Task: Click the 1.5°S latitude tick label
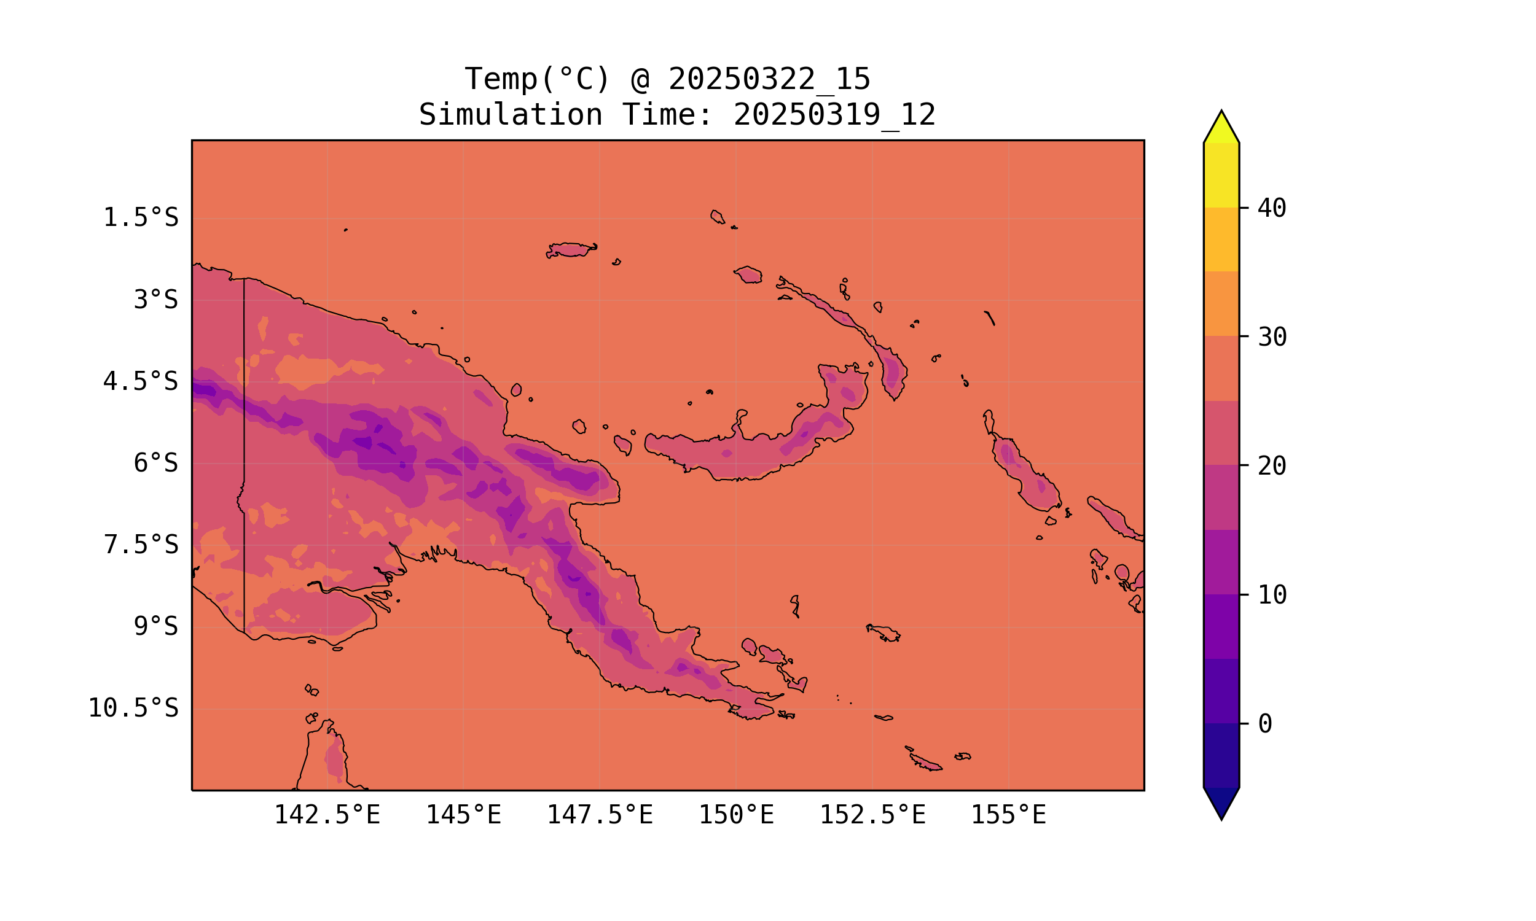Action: coord(140,218)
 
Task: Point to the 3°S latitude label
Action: coord(156,300)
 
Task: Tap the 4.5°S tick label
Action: coord(140,382)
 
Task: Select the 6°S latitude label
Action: coord(156,463)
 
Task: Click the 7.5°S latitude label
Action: coord(140,545)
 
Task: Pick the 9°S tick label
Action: coord(156,626)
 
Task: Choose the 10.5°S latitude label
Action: coord(133,708)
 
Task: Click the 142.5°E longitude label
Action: coord(327,815)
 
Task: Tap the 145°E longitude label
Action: coord(463,815)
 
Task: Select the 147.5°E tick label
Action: coord(600,815)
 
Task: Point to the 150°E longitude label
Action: coord(736,815)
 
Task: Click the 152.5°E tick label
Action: coord(872,815)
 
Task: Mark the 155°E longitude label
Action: coord(1008,815)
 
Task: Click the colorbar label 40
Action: coord(1272,209)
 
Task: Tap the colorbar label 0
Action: coord(1264,725)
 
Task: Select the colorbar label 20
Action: coord(1272,466)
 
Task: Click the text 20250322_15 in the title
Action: coord(769,79)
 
